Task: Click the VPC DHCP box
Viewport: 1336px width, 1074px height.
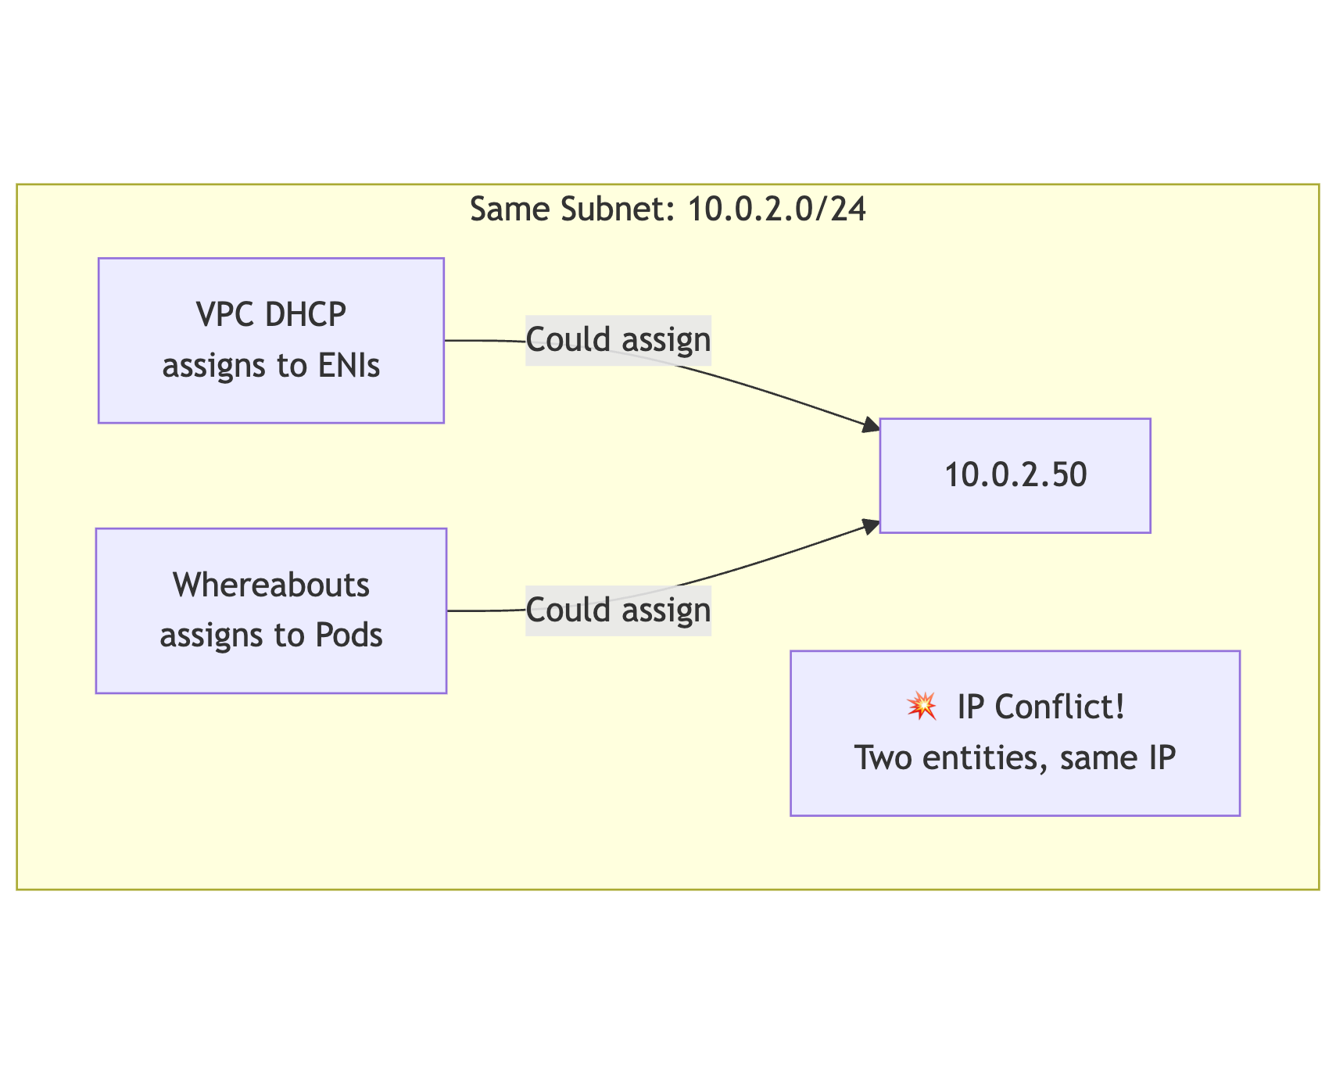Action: (270, 341)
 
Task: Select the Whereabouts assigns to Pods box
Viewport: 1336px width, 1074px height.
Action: (270, 610)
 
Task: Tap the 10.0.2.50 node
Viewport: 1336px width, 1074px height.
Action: (1015, 475)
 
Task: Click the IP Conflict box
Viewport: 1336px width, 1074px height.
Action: (1015, 733)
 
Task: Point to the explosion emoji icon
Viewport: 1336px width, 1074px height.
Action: (922, 707)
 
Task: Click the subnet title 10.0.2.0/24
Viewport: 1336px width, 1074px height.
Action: (776, 209)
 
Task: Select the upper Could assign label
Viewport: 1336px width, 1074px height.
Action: (618, 340)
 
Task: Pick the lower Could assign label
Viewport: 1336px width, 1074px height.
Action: (618, 610)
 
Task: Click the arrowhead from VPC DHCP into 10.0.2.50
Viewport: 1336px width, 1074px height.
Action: (871, 427)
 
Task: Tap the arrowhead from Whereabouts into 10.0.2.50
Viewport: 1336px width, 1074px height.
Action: (871, 524)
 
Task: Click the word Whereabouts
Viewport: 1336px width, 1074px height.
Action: (270, 585)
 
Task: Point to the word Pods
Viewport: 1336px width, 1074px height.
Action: (349, 635)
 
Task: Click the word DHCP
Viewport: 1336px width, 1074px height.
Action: (306, 315)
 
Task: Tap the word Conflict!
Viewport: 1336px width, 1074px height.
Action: (1060, 707)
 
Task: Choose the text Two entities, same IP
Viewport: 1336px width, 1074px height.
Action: (1015, 758)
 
